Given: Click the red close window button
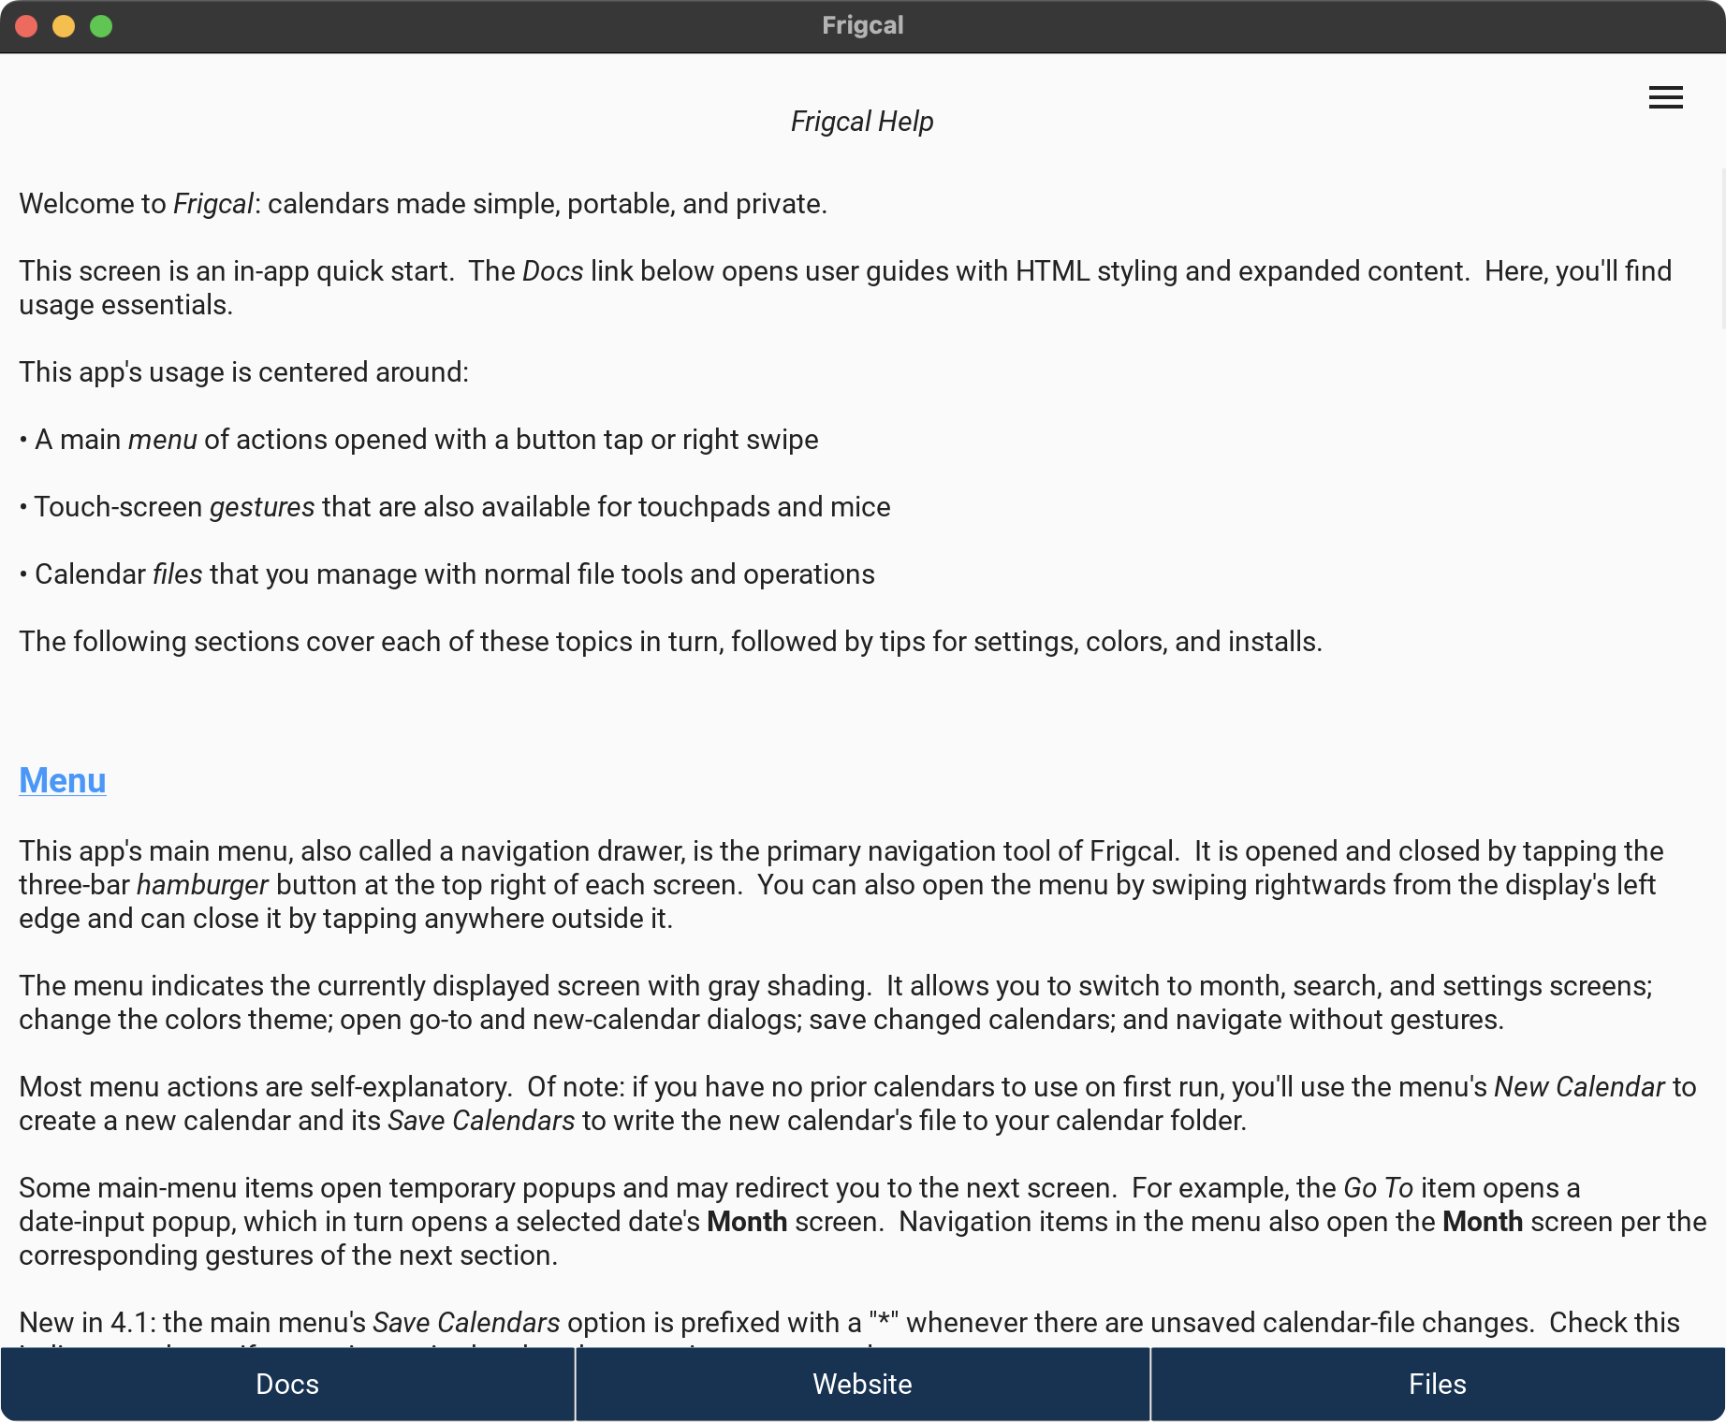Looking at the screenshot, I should coord(26,26).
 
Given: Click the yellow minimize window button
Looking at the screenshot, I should coord(64,26).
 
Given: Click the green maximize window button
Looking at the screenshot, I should coord(101,26).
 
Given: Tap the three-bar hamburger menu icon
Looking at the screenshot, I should coord(1665,97).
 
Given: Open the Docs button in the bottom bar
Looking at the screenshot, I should coord(287,1384).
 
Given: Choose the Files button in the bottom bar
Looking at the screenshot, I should coord(1437,1384).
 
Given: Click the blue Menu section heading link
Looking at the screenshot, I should coord(63,780).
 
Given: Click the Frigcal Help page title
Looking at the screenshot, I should coord(862,122).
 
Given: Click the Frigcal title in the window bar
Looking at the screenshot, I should coord(862,25).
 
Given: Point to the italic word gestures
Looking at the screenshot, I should coord(262,507).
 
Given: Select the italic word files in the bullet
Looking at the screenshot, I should coord(178,574).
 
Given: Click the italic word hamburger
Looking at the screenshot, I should coord(202,885).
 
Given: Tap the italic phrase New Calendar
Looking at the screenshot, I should coord(1579,1087).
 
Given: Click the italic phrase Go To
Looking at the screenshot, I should coord(1378,1188).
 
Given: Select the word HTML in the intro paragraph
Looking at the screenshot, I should coord(1053,271).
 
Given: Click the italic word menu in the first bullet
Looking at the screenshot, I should coord(163,440).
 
